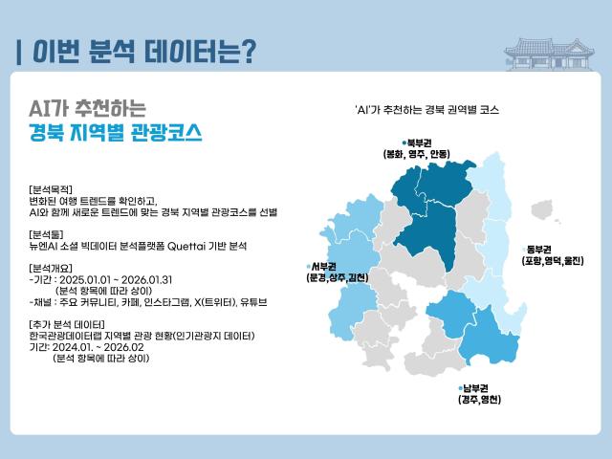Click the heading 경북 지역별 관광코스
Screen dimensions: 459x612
116,133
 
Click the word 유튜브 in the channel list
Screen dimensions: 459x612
253,301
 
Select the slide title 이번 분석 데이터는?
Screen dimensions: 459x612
143,51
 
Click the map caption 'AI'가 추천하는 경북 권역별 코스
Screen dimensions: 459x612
426,110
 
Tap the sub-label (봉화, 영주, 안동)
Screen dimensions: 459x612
416,154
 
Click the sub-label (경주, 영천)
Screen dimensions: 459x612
480,400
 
